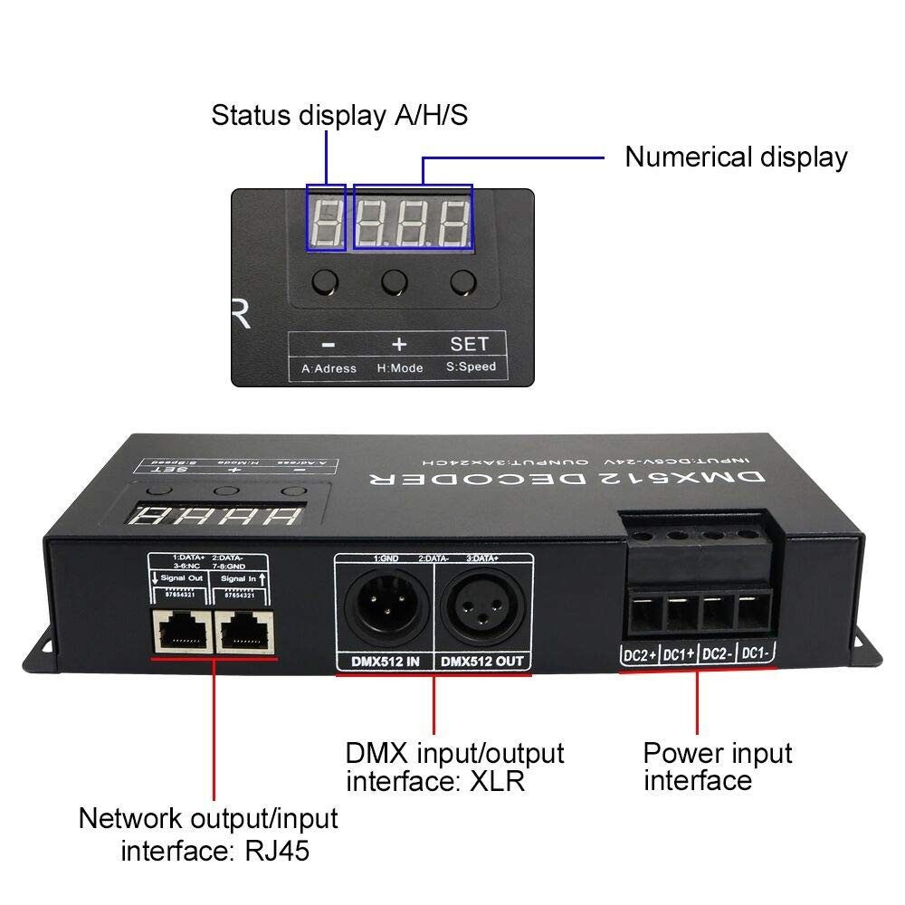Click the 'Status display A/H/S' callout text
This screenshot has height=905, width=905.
339,116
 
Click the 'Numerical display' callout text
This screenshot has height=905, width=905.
736,157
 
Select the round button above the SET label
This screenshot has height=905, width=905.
463,282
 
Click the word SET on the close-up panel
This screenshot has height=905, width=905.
469,343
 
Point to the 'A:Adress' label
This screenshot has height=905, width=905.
329,368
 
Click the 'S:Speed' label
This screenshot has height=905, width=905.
471,367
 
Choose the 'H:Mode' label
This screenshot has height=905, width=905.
399,368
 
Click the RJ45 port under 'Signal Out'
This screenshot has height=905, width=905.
181,626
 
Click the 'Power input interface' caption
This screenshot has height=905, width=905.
717,766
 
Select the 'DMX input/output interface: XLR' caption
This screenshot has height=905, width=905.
454,766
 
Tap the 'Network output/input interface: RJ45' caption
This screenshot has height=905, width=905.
208,834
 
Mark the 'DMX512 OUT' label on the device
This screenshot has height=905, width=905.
482,662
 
